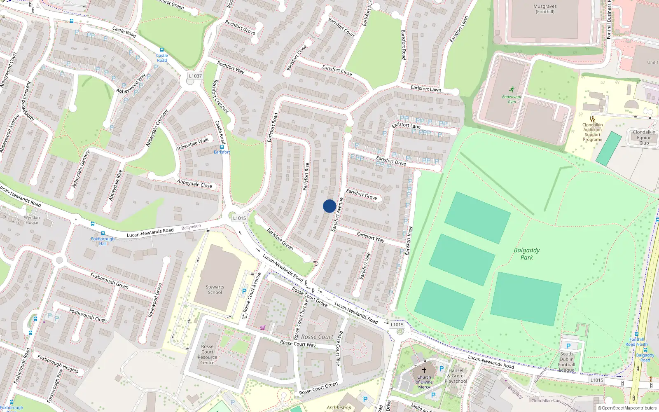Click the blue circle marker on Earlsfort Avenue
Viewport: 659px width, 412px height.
(x=329, y=206)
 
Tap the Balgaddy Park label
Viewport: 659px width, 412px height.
(x=526, y=254)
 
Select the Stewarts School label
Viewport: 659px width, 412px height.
(x=215, y=290)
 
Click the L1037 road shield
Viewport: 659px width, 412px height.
(x=195, y=76)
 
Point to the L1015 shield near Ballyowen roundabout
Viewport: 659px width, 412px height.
(x=239, y=218)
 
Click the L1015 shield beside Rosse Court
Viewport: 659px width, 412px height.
(x=397, y=325)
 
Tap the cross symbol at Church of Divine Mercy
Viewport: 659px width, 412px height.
(x=424, y=370)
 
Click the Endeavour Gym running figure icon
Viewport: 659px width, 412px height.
(x=512, y=90)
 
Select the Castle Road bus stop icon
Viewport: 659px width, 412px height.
(x=162, y=50)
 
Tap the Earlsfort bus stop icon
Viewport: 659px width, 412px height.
(x=222, y=147)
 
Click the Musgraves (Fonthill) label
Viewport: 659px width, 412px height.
(x=545, y=9)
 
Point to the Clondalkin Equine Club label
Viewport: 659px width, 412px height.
(x=644, y=138)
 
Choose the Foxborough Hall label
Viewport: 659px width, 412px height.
(x=103, y=241)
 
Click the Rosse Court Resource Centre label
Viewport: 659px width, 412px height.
(x=207, y=355)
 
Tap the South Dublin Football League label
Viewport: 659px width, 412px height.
(x=567, y=362)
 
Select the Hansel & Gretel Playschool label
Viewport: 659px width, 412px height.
(x=456, y=376)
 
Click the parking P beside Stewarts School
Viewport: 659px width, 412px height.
(x=244, y=291)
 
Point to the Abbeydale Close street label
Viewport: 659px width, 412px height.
(x=194, y=183)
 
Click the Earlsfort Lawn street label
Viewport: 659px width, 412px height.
(x=425, y=89)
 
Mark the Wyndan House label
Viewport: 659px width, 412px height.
(x=32, y=220)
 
